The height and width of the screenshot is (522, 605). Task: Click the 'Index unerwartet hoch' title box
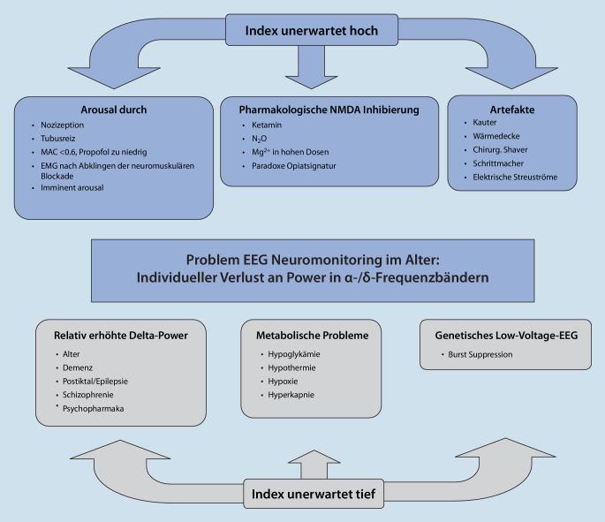click(302, 30)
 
